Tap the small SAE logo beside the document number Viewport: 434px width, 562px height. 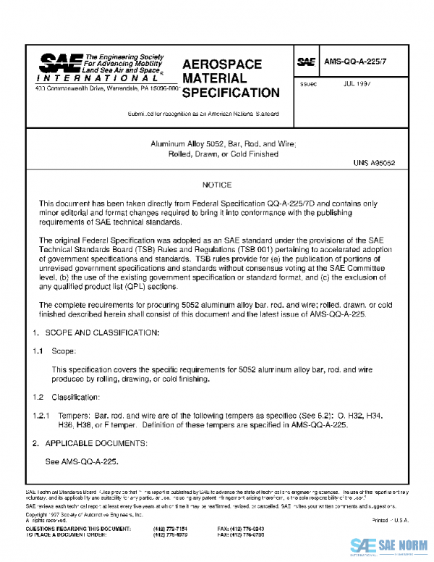[x=306, y=63]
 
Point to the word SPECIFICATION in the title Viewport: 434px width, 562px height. [x=231, y=93]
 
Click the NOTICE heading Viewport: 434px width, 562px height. [x=217, y=185]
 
